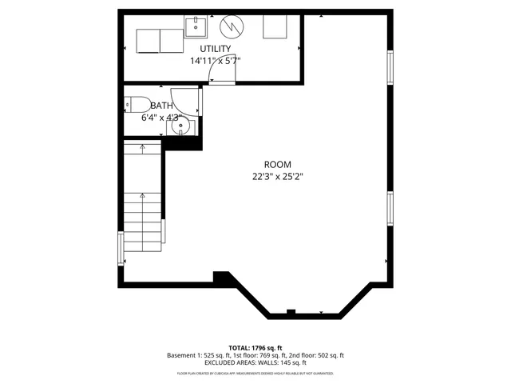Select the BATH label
(161, 106)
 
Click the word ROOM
(278, 164)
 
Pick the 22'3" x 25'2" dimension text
(278, 177)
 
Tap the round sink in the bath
(182, 125)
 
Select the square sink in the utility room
(195, 28)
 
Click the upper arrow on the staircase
(143, 148)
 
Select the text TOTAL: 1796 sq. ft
(255, 347)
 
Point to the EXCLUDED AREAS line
(255, 363)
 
